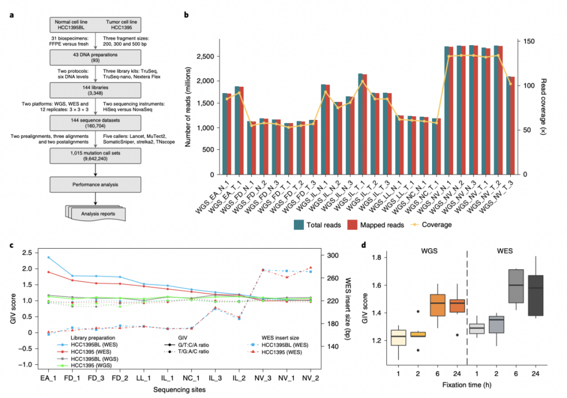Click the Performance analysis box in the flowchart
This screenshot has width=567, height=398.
(96, 184)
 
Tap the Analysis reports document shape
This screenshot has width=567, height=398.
(96, 214)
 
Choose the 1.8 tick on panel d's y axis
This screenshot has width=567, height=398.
(377, 258)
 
